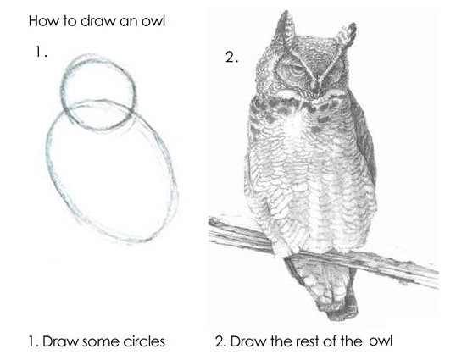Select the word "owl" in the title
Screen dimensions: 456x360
[x=153, y=21]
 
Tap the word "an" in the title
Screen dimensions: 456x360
[x=128, y=22]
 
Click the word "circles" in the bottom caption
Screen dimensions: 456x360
[x=144, y=341]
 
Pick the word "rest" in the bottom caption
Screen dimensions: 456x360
[x=308, y=341]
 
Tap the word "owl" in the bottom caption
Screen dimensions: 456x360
[x=381, y=341]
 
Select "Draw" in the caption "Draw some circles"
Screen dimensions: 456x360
[x=61, y=341]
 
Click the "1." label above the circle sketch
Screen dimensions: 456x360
[x=41, y=52]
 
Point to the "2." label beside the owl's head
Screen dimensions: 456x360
[x=231, y=58]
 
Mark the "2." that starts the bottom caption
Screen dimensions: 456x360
[x=220, y=341]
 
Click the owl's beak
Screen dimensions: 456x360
[x=316, y=87]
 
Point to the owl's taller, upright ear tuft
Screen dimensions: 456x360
[x=286, y=29]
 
